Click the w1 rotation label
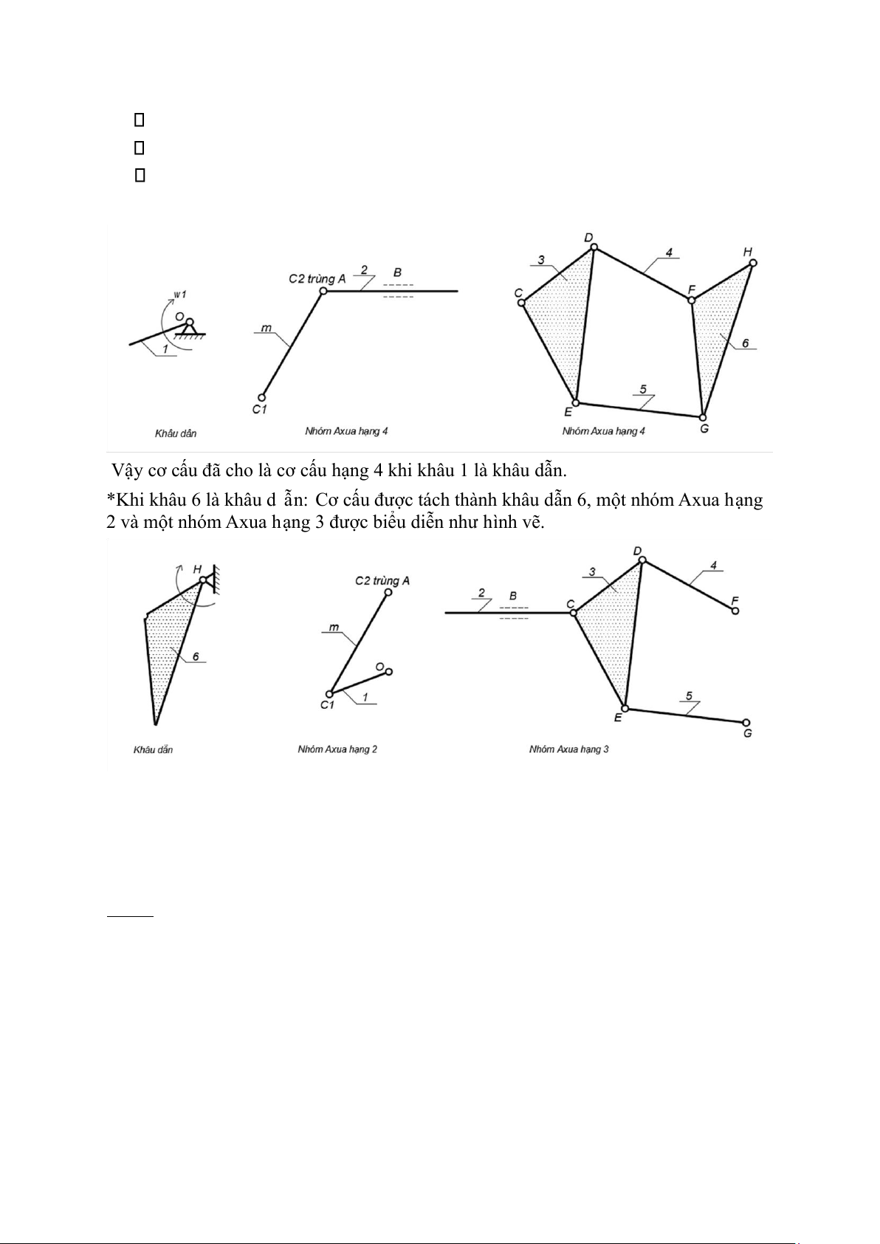click(x=179, y=295)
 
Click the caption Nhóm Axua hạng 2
click(x=337, y=749)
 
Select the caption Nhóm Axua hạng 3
click(x=568, y=749)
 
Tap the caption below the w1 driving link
click(x=176, y=433)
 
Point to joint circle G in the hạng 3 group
click(x=746, y=723)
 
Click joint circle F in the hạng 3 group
click(x=735, y=611)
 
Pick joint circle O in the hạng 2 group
click(x=388, y=671)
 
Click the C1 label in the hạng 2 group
click(x=327, y=705)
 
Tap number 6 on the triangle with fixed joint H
click(x=196, y=656)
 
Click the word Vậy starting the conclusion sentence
click(x=128, y=470)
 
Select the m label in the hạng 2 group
click(x=334, y=628)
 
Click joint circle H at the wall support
click(x=203, y=581)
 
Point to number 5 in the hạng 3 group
click(x=689, y=695)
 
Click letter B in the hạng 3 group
click(x=513, y=596)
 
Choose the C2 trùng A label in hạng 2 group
click(x=382, y=581)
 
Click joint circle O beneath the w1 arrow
click(x=190, y=322)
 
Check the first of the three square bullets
click(x=138, y=120)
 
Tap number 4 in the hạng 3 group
click(x=713, y=566)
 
